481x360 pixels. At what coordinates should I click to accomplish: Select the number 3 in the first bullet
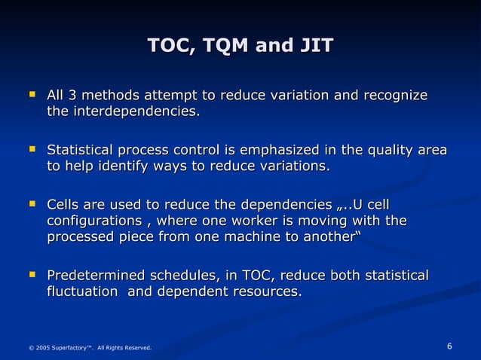click(72, 96)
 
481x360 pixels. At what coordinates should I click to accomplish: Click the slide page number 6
click(449, 346)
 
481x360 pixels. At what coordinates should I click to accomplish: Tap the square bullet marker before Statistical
click(32, 150)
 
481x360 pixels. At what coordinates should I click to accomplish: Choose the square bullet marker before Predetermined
click(32, 275)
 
